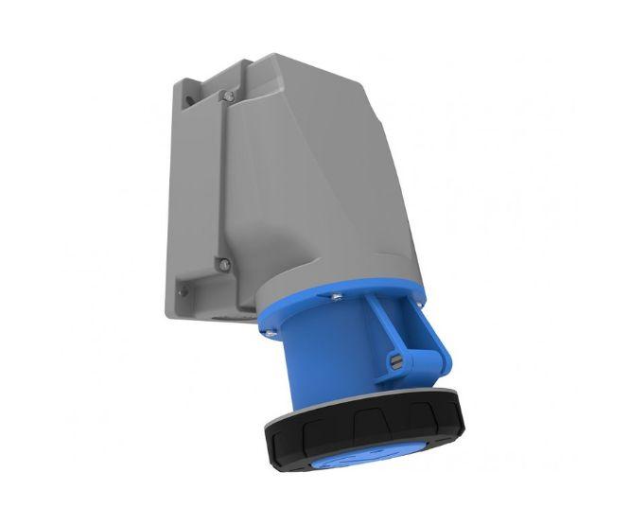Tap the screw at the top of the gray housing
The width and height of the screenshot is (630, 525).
(x=229, y=95)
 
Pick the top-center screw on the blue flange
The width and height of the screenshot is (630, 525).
(x=334, y=298)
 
